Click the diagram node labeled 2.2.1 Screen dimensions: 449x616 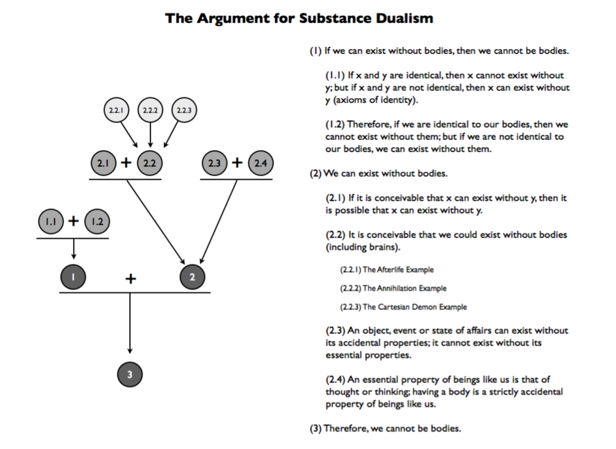[x=116, y=110]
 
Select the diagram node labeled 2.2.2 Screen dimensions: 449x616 [x=150, y=110]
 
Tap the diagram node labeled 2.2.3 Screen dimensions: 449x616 [x=185, y=110]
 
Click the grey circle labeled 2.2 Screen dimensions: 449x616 [x=150, y=163]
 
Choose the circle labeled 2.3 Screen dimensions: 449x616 [x=213, y=163]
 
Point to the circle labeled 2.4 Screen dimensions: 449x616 [x=260, y=163]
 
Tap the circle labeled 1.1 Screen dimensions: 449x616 [x=50, y=222]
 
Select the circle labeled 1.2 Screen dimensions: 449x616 [x=96, y=222]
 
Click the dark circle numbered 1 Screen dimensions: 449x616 [x=73, y=277]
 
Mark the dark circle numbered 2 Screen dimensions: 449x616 [x=192, y=277]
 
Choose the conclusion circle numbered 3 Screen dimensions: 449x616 [x=130, y=375]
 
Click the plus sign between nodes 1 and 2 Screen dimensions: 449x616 [x=131, y=278]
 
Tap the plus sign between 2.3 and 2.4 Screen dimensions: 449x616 [x=237, y=163]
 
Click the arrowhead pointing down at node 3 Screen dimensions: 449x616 [x=130, y=351]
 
